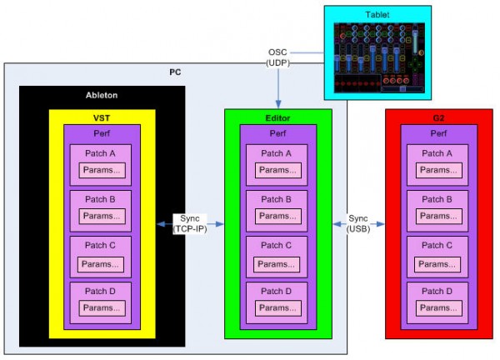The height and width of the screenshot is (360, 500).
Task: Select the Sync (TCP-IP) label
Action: (x=191, y=223)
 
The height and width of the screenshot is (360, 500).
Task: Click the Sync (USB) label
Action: (x=358, y=223)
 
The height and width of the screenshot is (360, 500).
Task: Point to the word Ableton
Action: (x=102, y=95)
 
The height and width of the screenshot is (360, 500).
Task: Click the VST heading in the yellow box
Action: (x=102, y=118)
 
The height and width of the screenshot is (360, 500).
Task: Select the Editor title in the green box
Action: (x=277, y=118)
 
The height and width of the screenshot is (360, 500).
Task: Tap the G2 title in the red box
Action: (x=438, y=118)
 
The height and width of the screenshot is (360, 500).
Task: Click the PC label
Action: (x=176, y=72)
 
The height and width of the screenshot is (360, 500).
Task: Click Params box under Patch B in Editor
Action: (x=277, y=216)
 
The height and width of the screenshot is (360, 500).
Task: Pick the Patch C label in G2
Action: (x=438, y=245)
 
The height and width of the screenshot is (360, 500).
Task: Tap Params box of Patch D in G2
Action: (x=438, y=308)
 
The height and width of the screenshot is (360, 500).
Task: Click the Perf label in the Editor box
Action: (x=277, y=133)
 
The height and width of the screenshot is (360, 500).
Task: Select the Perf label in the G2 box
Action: (x=438, y=133)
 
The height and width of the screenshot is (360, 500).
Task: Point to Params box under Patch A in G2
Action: (x=438, y=170)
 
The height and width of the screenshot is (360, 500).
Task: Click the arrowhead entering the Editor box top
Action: (x=277, y=102)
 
